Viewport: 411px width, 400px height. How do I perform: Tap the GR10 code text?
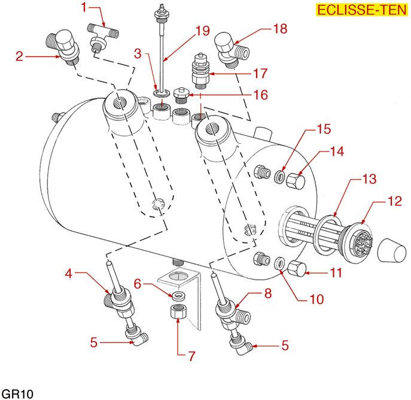coord(16,392)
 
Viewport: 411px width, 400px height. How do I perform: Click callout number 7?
coord(191,356)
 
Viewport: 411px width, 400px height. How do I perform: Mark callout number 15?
coord(323,129)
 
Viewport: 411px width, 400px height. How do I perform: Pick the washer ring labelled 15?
coord(279,178)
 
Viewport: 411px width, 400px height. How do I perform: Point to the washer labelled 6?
coord(177,296)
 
